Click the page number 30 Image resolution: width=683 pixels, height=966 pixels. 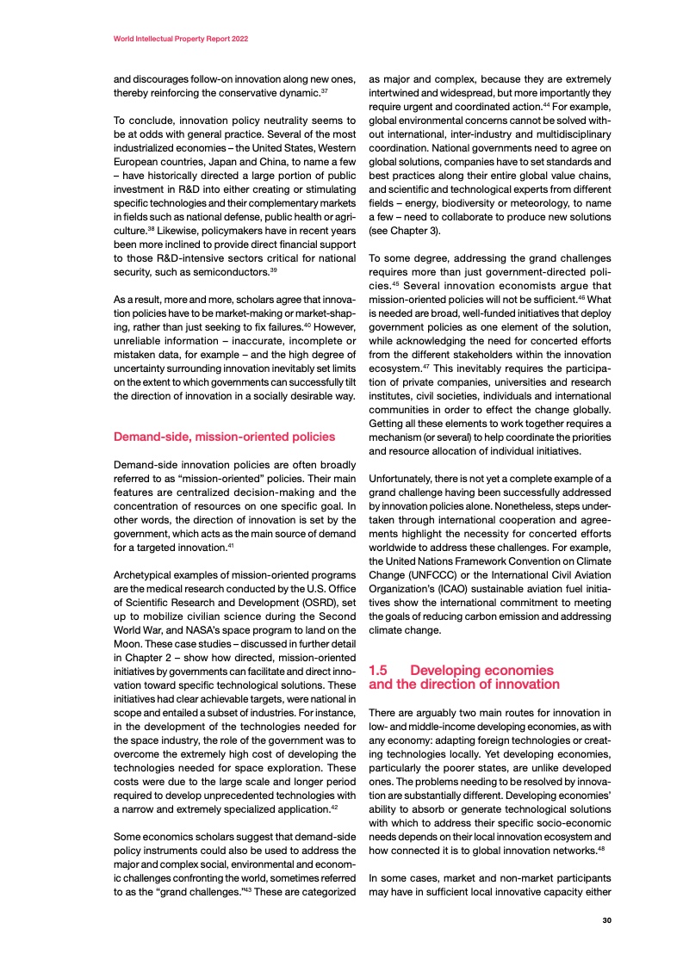[606, 920]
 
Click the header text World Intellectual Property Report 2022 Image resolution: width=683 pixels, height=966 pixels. [182, 40]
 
